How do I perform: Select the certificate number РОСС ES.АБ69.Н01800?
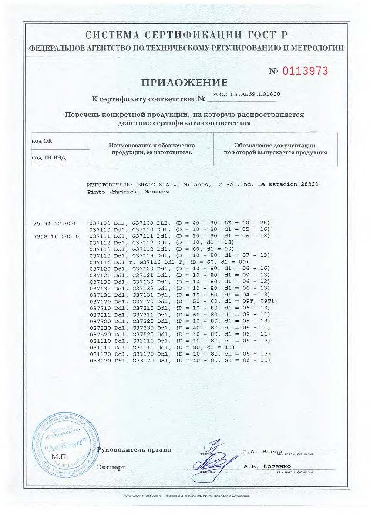[x=247, y=93]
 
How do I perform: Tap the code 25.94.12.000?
[x=54, y=223]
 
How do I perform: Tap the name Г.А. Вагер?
[x=263, y=452]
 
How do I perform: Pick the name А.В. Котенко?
[x=267, y=466]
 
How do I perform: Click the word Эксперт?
[x=111, y=467]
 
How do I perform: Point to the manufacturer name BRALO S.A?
[x=155, y=184]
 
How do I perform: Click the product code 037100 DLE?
[x=107, y=223]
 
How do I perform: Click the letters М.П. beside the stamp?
[x=58, y=457]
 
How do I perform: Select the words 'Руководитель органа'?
[x=134, y=449]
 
